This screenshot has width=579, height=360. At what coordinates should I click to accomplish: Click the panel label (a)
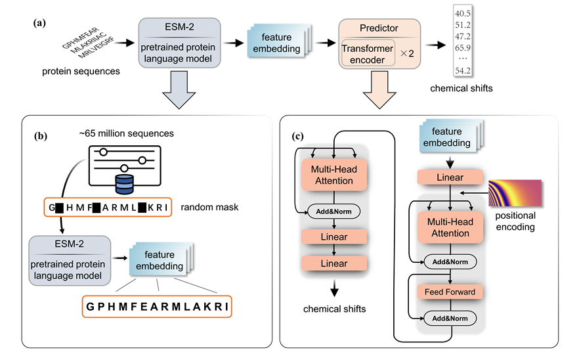(x=39, y=22)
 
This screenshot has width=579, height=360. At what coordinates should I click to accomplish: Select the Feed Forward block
(x=450, y=290)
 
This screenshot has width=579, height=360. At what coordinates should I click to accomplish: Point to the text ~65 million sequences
(x=125, y=133)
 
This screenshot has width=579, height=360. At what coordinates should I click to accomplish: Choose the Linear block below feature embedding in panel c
(x=450, y=177)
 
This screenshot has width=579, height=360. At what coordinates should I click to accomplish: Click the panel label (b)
(x=39, y=137)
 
